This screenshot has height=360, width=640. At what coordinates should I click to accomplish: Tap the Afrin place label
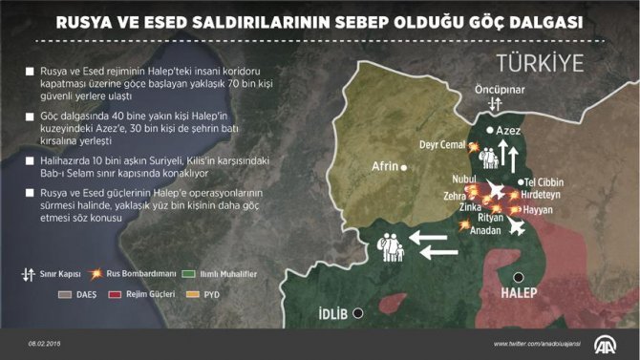click(x=384, y=165)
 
